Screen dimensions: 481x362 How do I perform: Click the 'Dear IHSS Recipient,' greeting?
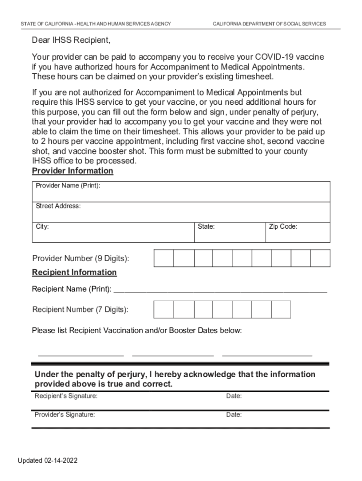pos(71,40)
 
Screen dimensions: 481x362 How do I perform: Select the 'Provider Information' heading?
pos(72,171)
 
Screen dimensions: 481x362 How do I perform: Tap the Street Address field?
pos(181,212)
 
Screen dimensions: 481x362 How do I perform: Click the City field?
pos(113,232)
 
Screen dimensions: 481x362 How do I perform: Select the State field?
pos(230,232)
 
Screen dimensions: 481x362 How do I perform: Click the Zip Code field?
pos(298,232)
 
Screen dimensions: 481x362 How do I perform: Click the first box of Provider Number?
pos(164,258)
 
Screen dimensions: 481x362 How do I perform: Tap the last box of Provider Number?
pos(320,258)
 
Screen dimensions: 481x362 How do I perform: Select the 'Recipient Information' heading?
pos(74,272)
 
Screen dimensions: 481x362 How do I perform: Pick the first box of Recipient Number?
pos(164,310)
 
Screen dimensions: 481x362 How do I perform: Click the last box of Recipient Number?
pos(281,310)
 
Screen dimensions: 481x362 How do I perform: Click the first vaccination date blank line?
pos(80,353)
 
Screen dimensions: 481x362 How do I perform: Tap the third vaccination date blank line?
pos(267,353)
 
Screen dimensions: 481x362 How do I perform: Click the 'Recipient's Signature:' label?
pos(66,396)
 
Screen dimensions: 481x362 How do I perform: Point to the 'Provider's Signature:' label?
pos(65,415)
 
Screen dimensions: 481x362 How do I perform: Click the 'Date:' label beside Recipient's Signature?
pos(234,396)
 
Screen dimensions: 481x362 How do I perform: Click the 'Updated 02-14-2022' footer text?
pos(48,460)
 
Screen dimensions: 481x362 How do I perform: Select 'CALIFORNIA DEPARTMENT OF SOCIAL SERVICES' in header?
pos(269,24)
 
